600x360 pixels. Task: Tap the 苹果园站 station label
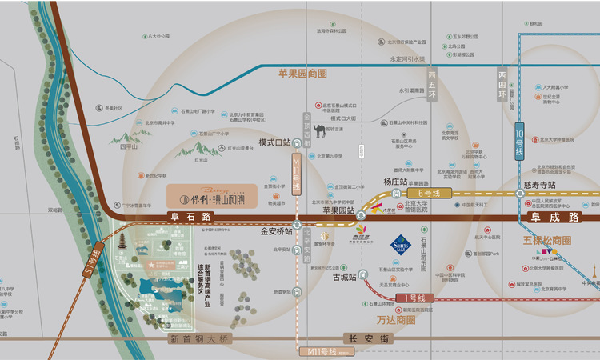pos(338,211)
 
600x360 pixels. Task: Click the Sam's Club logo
pos(401,244)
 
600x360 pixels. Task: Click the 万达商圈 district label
pos(396,319)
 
